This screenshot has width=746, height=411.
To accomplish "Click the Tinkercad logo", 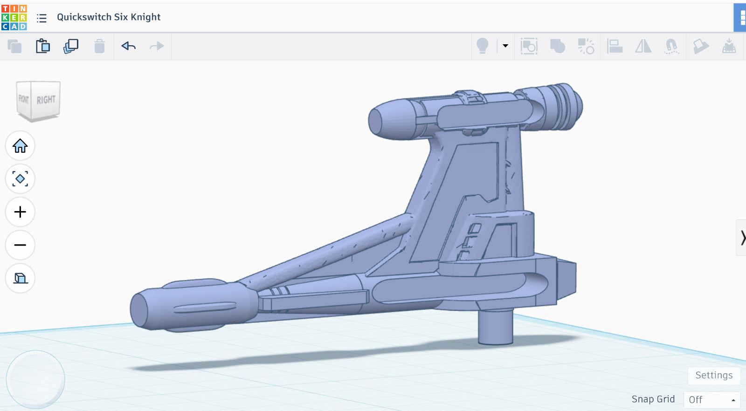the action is click(14, 17).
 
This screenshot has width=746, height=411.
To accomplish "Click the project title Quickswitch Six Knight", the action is click(109, 17).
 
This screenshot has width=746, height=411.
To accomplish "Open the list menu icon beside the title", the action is click(41, 18).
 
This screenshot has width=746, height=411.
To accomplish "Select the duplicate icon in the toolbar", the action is click(70, 46).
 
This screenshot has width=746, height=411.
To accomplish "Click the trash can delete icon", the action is click(99, 46).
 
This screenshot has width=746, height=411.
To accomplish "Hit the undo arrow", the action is click(128, 46).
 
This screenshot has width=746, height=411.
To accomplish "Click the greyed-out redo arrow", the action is click(157, 46).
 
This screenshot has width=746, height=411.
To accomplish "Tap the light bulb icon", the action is click(482, 46).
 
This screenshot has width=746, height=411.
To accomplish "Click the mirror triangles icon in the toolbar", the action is click(643, 46).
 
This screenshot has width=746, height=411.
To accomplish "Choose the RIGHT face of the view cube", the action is click(46, 100).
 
